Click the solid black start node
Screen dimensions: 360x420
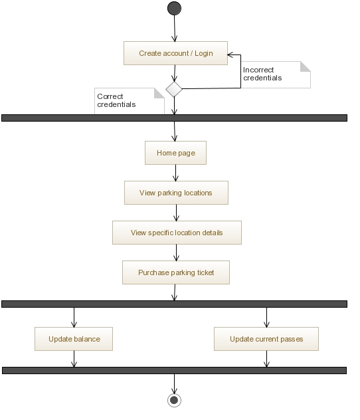point(174,8)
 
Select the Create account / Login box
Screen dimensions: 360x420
point(175,53)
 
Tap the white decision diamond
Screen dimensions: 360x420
point(174,89)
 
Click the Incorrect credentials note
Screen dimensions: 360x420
point(276,74)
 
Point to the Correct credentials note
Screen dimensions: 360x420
point(130,101)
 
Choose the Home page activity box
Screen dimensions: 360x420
point(175,153)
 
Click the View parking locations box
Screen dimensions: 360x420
point(176,193)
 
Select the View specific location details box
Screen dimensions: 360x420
point(177,233)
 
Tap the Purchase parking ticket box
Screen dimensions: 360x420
point(176,272)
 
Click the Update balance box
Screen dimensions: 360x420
point(74,339)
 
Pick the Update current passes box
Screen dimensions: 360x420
point(266,339)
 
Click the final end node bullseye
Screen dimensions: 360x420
point(174,400)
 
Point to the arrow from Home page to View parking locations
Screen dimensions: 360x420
point(175,173)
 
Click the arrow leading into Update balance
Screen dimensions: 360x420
point(74,318)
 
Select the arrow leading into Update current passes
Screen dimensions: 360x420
point(266,318)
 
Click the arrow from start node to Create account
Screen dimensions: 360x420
point(175,29)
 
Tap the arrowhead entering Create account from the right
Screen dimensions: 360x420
point(230,55)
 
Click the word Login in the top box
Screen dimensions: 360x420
point(204,53)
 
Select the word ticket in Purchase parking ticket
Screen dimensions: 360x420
point(205,272)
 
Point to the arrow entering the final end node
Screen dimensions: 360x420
point(174,384)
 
